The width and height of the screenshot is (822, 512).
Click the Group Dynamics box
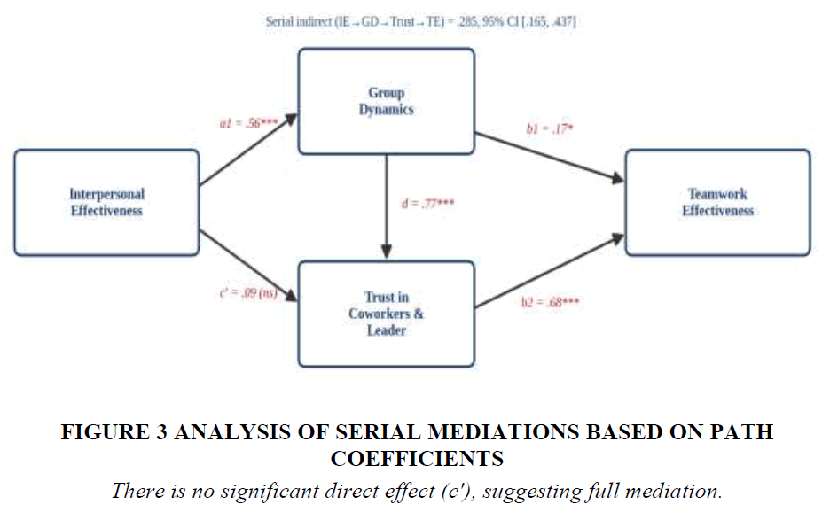[x=387, y=102]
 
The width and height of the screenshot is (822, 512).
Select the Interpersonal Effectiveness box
[x=107, y=203]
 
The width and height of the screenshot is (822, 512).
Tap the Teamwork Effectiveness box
[x=717, y=203]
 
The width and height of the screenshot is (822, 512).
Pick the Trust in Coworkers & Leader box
[x=387, y=314]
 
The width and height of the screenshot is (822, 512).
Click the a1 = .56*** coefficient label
[x=248, y=123]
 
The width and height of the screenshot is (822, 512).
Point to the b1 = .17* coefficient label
[x=550, y=128]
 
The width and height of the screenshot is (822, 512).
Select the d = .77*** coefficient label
[x=427, y=203]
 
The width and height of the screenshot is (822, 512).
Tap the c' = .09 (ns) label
[x=248, y=292]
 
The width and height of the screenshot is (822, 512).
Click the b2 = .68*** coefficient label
[x=550, y=302]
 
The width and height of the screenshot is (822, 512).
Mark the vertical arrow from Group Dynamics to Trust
[x=387, y=206]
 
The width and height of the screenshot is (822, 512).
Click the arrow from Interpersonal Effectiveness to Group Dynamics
[x=248, y=150]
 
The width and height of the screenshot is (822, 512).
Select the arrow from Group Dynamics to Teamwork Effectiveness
[x=550, y=158]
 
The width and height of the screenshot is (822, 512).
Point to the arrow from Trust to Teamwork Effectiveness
[x=550, y=271]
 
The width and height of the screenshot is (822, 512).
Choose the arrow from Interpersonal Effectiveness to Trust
[x=248, y=266]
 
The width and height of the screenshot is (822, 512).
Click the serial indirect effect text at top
[x=421, y=22]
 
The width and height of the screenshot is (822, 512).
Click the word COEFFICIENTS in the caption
[x=418, y=459]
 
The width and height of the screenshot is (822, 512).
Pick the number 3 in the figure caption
[x=160, y=432]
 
